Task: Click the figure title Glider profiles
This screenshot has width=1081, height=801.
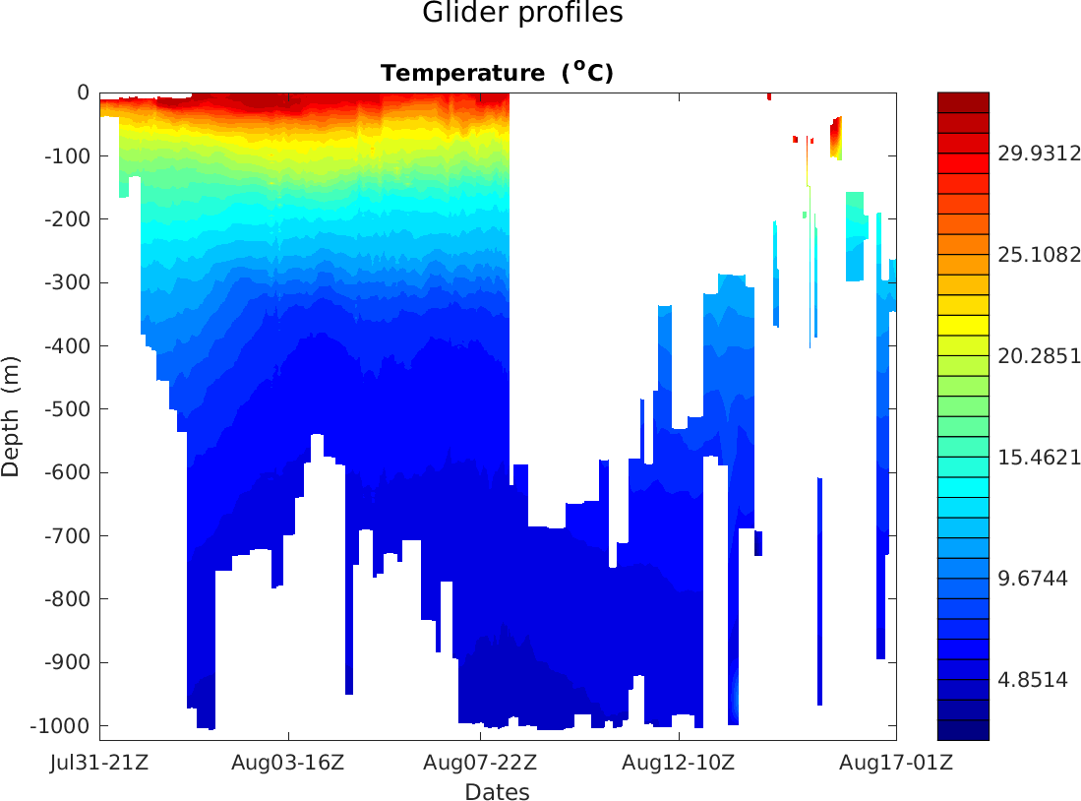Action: tap(522, 14)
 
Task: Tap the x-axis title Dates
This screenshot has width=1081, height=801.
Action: tap(497, 792)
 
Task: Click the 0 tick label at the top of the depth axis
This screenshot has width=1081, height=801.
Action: tap(84, 93)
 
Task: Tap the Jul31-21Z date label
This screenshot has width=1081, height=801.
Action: tap(99, 763)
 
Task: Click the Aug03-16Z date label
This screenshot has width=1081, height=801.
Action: tap(288, 763)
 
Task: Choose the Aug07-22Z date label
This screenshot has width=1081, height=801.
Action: tap(480, 763)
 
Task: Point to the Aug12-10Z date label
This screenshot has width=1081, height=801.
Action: tap(679, 763)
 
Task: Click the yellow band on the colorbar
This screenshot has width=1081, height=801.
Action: tap(963, 325)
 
